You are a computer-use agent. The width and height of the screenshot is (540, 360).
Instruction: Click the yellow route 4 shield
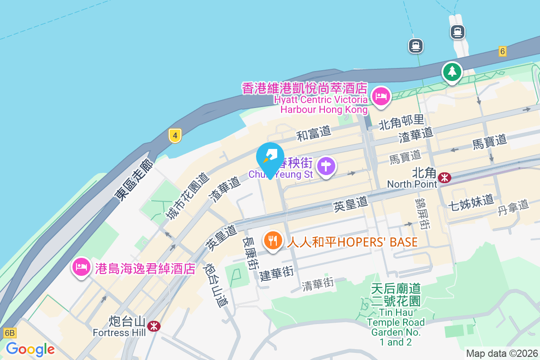175,135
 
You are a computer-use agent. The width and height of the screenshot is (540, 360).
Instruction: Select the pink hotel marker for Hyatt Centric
381,96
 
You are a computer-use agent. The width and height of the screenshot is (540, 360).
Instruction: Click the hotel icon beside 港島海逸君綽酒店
81,267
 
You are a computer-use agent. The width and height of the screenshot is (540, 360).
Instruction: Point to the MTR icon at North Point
445,178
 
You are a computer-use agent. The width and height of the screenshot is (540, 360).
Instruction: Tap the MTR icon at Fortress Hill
154,326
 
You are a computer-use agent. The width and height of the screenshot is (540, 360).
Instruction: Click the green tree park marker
452,72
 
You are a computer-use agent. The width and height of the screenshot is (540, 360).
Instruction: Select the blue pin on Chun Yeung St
270,158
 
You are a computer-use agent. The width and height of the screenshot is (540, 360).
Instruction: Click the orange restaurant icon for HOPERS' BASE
273,241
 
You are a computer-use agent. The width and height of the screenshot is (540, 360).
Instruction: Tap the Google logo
30,349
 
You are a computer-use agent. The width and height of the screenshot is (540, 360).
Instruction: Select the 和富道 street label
313,133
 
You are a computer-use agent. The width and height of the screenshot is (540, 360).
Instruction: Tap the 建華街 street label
277,274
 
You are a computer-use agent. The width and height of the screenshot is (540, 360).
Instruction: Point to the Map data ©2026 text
502,354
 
